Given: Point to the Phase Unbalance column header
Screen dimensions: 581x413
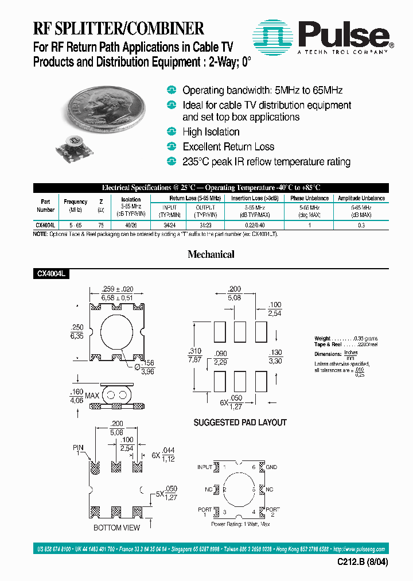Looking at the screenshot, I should [309, 198].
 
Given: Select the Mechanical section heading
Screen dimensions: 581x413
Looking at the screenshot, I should [211, 254].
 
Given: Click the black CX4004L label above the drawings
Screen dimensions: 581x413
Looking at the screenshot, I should [52, 275].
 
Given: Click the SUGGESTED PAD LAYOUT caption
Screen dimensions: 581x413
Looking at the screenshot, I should [240, 423].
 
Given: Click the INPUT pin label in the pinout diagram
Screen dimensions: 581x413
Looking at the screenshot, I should [205, 467].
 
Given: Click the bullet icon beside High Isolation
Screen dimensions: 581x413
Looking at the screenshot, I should [171, 131].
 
